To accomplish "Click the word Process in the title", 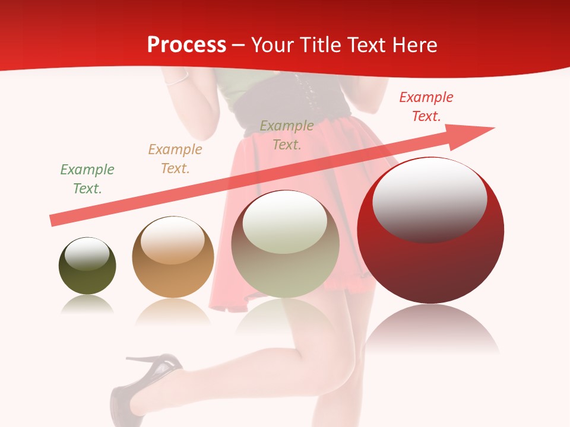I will click(x=186, y=45).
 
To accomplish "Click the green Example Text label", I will click(x=87, y=179).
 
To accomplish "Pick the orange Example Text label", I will click(x=175, y=159).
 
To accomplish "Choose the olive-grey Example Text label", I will click(x=287, y=135).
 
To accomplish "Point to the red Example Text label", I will click(x=426, y=107).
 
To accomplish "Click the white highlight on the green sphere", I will click(x=87, y=254).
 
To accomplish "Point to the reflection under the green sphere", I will click(x=87, y=305).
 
